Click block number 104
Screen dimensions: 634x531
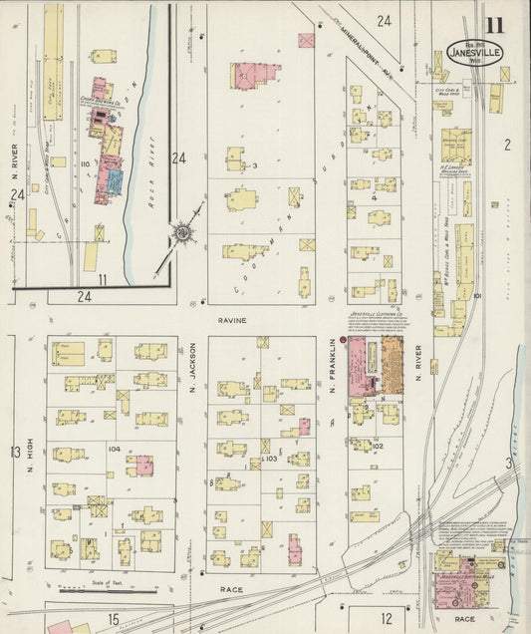(114, 450)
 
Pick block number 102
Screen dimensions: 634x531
(378, 447)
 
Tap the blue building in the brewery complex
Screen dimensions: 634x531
(115, 179)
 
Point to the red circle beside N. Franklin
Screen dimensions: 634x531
(343, 341)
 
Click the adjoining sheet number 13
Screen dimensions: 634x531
(15, 453)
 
